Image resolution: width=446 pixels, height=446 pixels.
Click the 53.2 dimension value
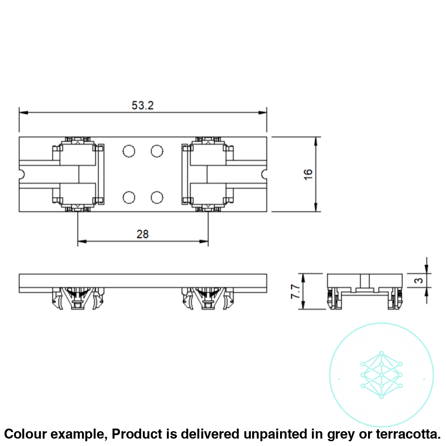(x=142, y=105)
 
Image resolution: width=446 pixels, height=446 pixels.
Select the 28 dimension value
(x=142, y=234)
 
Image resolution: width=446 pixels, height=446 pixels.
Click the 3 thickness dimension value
(x=419, y=280)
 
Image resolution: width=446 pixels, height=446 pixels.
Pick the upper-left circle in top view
(x=128, y=151)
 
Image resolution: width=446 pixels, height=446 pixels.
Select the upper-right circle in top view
(x=157, y=151)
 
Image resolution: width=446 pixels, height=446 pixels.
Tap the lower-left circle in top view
(x=128, y=198)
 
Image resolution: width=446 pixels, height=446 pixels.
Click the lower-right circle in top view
(x=157, y=198)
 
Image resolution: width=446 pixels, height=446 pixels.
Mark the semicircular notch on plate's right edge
(x=264, y=175)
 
